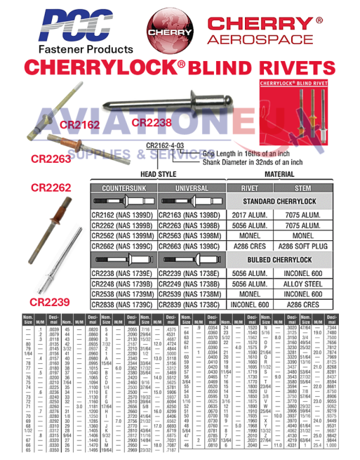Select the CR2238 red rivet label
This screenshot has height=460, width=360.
151,123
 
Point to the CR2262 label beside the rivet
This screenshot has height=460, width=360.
49,188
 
